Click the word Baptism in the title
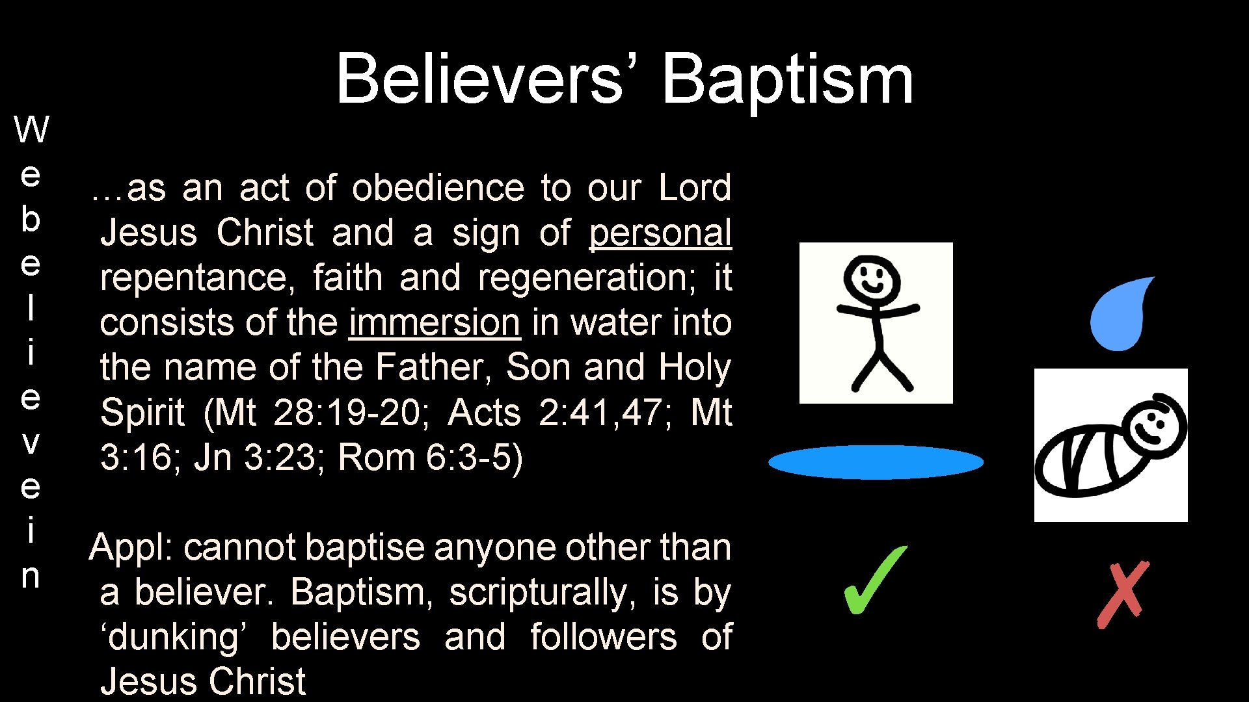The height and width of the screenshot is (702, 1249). click(x=787, y=79)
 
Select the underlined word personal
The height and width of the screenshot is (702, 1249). click(x=660, y=233)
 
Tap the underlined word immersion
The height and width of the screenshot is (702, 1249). click(x=435, y=322)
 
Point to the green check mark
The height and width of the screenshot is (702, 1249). click(x=874, y=580)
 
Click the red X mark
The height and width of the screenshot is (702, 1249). click(x=1123, y=594)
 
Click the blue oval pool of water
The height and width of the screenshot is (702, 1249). click(x=876, y=462)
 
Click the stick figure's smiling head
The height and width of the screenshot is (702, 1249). click(x=872, y=278)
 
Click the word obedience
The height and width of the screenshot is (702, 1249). click(x=438, y=188)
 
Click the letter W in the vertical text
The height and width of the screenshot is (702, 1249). click(x=31, y=129)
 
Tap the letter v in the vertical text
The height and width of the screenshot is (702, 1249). click(x=31, y=443)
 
